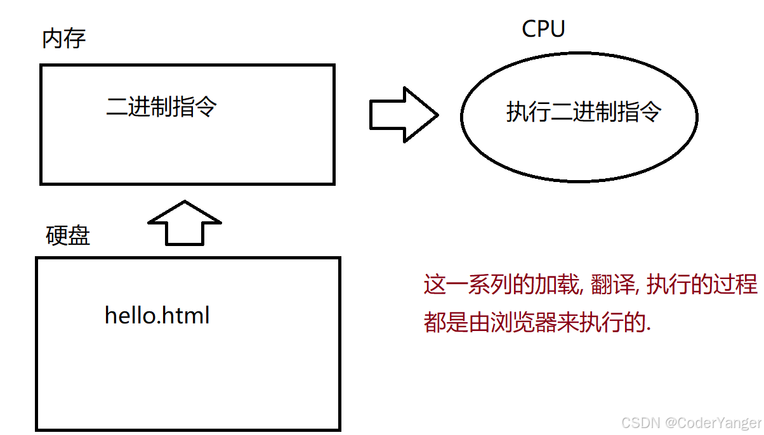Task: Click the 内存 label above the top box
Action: point(64,39)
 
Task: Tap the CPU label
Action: point(543,29)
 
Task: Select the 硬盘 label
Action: point(67,235)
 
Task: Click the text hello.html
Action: point(157,315)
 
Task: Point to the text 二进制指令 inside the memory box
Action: point(161,107)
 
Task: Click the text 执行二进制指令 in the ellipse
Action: point(584,112)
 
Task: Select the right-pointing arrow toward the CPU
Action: point(404,115)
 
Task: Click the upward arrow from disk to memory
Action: point(185,223)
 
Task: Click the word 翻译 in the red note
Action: point(612,284)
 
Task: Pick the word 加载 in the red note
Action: point(557,284)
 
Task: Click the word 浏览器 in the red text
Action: point(524,322)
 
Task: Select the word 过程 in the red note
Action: point(735,284)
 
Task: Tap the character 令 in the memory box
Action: point(206,107)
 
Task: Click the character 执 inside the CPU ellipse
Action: point(517,112)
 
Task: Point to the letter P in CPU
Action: point(544,29)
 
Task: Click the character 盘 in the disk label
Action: point(79,235)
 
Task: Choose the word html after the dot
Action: point(185,315)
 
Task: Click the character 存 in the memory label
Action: point(75,39)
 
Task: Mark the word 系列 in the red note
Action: point(490,284)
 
